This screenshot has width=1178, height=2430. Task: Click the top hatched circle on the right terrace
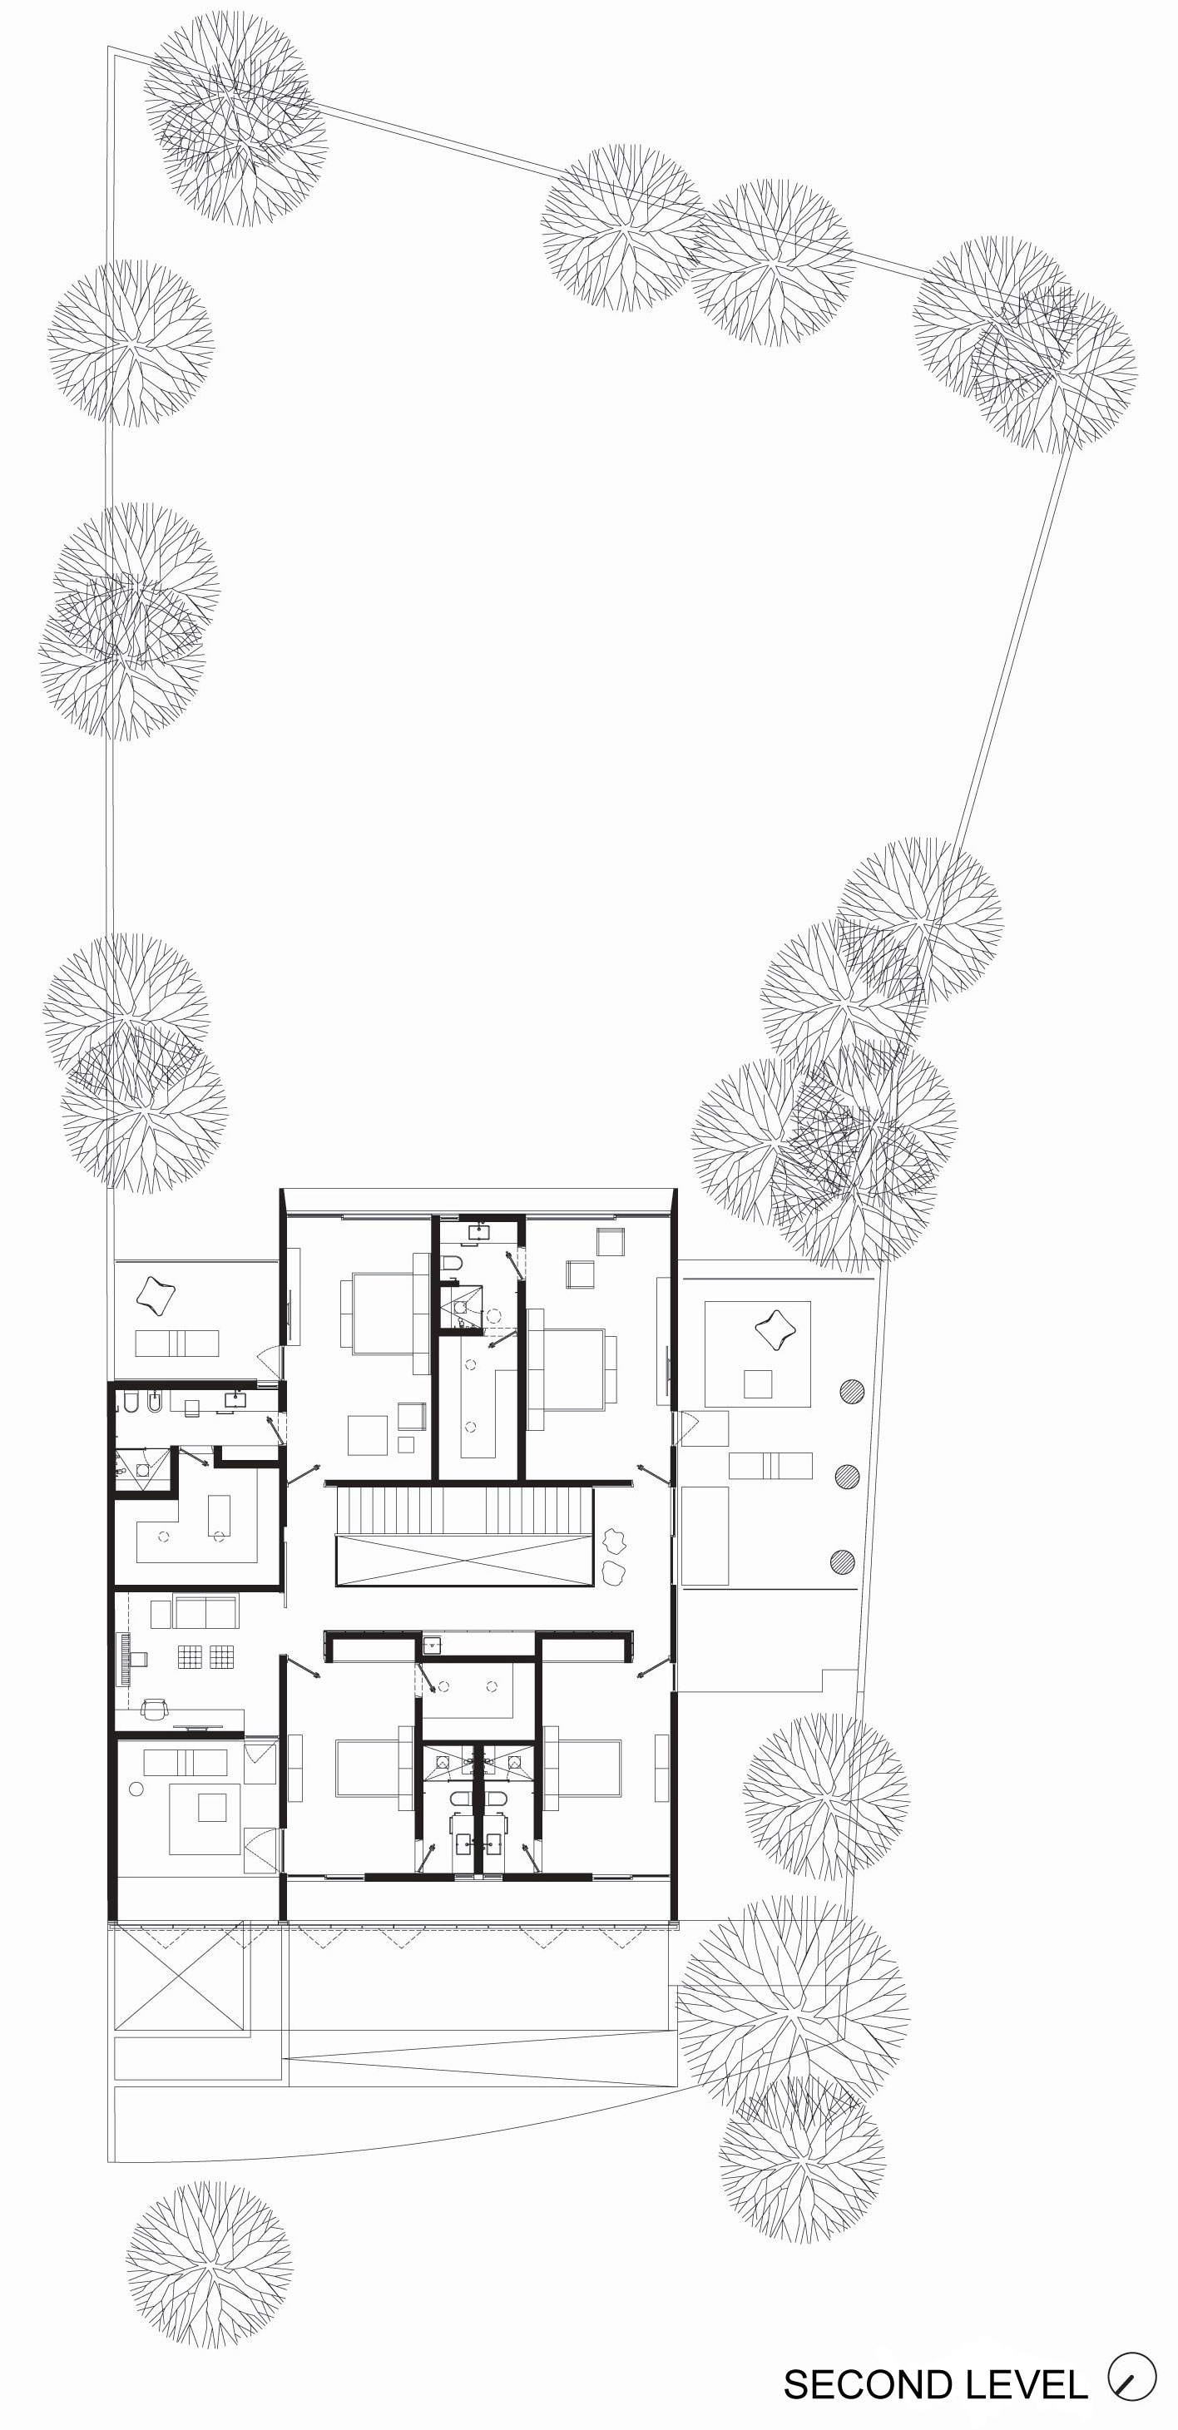852,1392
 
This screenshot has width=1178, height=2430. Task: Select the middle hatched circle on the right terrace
847,1477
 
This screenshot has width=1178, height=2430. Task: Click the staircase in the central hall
463,1509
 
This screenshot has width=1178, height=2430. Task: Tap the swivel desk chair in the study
154,1706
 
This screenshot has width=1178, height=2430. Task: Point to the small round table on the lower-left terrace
136,1789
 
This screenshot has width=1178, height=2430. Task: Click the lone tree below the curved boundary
210,2263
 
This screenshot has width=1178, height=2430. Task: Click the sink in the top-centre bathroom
480,1230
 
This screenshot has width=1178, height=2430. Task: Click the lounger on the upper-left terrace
176,1343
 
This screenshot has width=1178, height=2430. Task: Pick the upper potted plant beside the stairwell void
616,1541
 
